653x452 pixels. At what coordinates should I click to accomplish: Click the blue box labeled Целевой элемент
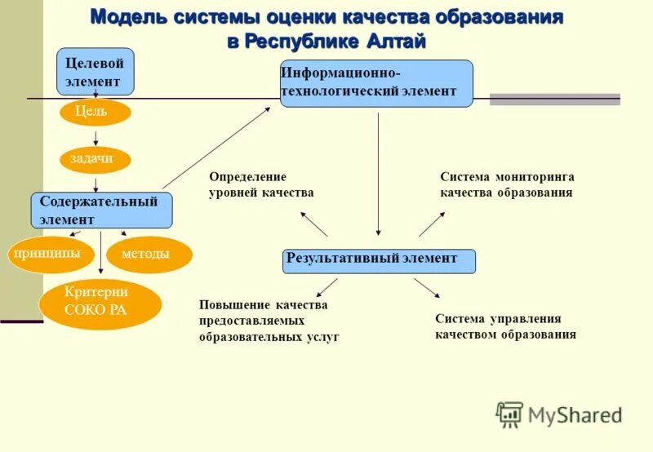(95, 72)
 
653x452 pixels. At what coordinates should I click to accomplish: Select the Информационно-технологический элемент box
(376, 83)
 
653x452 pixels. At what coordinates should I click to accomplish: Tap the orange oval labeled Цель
(95, 112)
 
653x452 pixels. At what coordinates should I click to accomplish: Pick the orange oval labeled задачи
(96, 159)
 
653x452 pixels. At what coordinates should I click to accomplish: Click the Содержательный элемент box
(101, 210)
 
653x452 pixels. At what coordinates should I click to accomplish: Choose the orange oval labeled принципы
(48, 255)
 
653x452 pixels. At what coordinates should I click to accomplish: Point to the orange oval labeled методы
(149, 255)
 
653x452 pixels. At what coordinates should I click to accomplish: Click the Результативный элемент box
(379, 260)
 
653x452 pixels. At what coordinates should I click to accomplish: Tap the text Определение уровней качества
(261, 185)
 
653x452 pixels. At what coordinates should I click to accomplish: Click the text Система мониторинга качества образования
(507, 185)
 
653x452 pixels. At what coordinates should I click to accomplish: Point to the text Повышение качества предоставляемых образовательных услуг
(268, 320)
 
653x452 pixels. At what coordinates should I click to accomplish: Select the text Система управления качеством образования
(505, 326)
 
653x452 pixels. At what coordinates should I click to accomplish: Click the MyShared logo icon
(509, 414)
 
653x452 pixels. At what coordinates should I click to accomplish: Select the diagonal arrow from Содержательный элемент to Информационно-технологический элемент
(216, 148)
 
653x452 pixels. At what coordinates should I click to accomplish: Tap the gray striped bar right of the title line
(554, 100)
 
